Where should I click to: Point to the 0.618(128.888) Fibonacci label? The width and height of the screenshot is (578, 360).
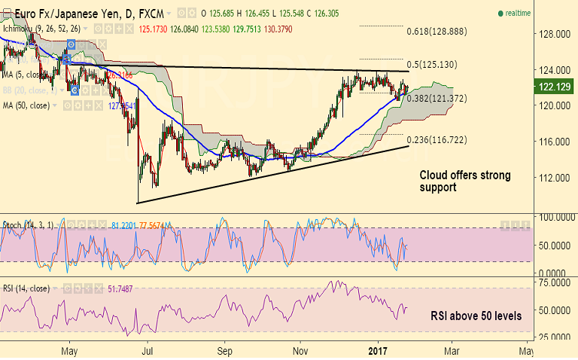click(437, 32)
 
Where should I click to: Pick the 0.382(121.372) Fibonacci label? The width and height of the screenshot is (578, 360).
click(437, 99)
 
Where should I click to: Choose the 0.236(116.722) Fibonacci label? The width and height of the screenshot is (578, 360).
click(437, 141)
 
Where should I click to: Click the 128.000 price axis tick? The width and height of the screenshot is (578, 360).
click(552, 34)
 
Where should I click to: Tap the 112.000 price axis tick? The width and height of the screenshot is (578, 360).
click(552, 178)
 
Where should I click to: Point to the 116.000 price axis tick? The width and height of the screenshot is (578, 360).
click(552, 142)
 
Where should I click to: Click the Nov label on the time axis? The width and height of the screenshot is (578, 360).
click(300, 351)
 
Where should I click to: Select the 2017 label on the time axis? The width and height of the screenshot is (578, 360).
click(377, 351)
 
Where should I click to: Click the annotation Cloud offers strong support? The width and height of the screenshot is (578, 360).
click(464, 182)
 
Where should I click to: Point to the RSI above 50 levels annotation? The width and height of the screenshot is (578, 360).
click(476, 316)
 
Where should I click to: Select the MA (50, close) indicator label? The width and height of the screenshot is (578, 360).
click(26, 105)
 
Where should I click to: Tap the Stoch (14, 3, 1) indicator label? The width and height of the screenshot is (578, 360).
click(29, 224)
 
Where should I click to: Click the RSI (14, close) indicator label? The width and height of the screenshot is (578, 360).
click(28, 288)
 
